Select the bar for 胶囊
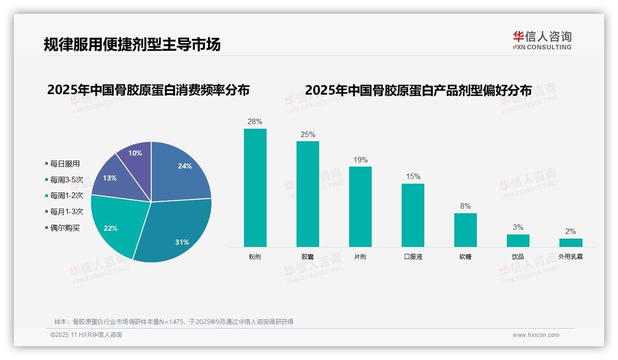tap(308, 194)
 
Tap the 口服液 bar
tap(413, 215)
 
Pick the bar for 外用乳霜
tap(570, 243)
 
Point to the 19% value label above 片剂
tap(361, 160)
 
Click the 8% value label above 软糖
tap(465, 206)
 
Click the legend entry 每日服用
tap(65, 164)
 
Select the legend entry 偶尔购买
tap(65, 228)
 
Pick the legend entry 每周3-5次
tap(66, 180)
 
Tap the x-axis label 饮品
tap(518, 257)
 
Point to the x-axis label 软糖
tap(465, 257)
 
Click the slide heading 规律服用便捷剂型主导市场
tap(132, 44)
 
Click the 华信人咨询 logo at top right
tap(542, 40)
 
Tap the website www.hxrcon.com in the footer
tap(536, 335)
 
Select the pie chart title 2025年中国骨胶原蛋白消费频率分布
tap(148, 90)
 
